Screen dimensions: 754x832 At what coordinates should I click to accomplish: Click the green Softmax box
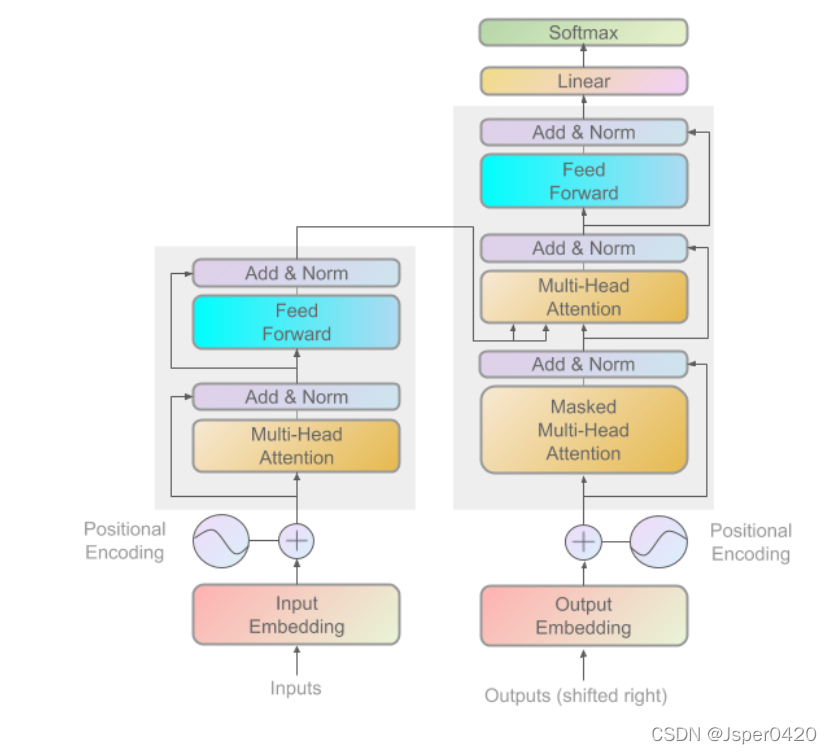583,32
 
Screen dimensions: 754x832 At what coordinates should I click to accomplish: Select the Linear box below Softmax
583,81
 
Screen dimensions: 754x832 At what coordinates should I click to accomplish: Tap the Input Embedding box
296,615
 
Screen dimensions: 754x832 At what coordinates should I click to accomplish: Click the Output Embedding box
583,616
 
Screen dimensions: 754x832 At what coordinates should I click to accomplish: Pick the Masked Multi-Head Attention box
583,430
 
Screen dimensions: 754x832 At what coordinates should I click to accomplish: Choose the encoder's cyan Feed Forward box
296,322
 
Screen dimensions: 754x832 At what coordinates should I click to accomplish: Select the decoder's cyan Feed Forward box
583,181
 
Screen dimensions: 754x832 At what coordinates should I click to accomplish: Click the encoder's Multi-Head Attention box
296,446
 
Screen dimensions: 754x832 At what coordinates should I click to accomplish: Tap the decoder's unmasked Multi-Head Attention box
583,297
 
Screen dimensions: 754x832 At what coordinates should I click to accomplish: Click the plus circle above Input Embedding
296,541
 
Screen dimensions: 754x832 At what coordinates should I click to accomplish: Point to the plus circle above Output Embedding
583,542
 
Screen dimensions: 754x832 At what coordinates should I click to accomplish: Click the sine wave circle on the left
221,541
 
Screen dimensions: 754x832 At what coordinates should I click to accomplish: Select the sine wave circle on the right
659,542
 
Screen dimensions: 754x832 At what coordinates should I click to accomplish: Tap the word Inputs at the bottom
296,688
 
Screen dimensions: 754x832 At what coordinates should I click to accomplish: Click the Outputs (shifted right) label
576,695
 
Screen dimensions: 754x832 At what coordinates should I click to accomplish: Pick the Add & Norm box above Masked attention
583,364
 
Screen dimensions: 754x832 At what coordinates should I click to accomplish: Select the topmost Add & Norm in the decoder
583,132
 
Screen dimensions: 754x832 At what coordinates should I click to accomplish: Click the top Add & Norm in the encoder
296,273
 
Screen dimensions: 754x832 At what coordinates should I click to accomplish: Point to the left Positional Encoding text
124,540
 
